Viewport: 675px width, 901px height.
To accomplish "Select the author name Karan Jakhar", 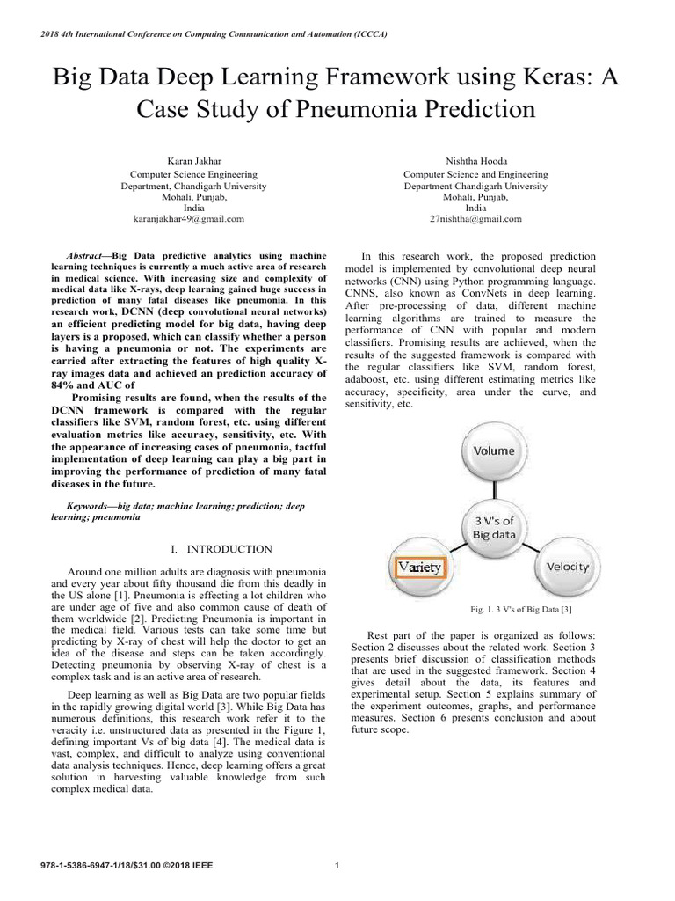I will click(193, 161).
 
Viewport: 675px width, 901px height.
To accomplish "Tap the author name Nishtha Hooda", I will click(475, 161).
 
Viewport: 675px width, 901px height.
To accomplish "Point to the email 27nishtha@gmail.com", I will click(475, 218).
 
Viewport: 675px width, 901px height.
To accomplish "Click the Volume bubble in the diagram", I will click(494, 450).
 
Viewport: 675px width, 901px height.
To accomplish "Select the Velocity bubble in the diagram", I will click(567, 566).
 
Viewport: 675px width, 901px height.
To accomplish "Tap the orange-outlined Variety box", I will click(419, 568).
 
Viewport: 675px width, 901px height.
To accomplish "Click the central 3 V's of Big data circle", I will click(494, 526).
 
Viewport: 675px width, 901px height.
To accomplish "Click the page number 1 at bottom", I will click(337, 865).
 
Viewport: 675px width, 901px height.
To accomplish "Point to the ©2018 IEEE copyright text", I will click(187, 865).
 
